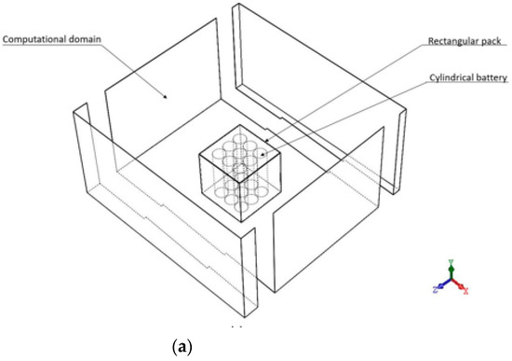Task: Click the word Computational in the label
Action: tap(34, 39)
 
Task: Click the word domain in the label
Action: tap(85, 39)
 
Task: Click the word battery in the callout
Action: tap(490, 77)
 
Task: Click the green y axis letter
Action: tap(451, 261)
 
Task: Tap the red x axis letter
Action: tap(466, 290)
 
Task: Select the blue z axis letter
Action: tap(436, 289)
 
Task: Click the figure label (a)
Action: tap(182, 346)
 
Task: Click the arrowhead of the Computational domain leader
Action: tap(165, 97)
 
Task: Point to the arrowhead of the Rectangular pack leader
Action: tap(266, 141)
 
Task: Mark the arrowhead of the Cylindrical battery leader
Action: tap(263, 154)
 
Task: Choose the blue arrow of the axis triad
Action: tap(444, 284)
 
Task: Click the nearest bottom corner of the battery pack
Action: tap(241, 222)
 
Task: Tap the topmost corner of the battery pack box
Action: tap(240, 125)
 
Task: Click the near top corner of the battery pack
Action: tap(239, 183)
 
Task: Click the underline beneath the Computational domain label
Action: tap(52, 45)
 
